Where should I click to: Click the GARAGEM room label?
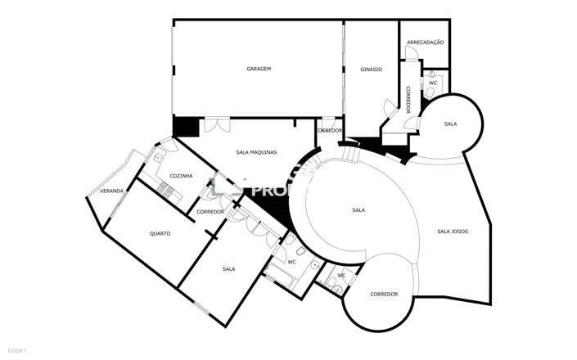coord(259,69)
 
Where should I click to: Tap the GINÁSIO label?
coord(371,70)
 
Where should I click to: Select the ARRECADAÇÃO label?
coord(425,42)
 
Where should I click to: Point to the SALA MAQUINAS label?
coord(256,152)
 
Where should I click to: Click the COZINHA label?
coord(181,176)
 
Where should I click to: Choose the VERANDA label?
coord(111,191)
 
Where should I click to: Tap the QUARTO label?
coord(160,233)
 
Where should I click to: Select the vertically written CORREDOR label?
coord(407,99)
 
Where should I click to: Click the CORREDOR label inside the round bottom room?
coord(383,294)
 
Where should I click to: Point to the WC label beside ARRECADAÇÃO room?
coord(433,83)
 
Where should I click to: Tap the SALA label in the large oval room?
coord(358,210)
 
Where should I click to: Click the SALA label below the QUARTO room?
coord(229,268)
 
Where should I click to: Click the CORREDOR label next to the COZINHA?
coord(210,212)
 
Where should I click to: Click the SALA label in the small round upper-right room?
coord(450,124)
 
